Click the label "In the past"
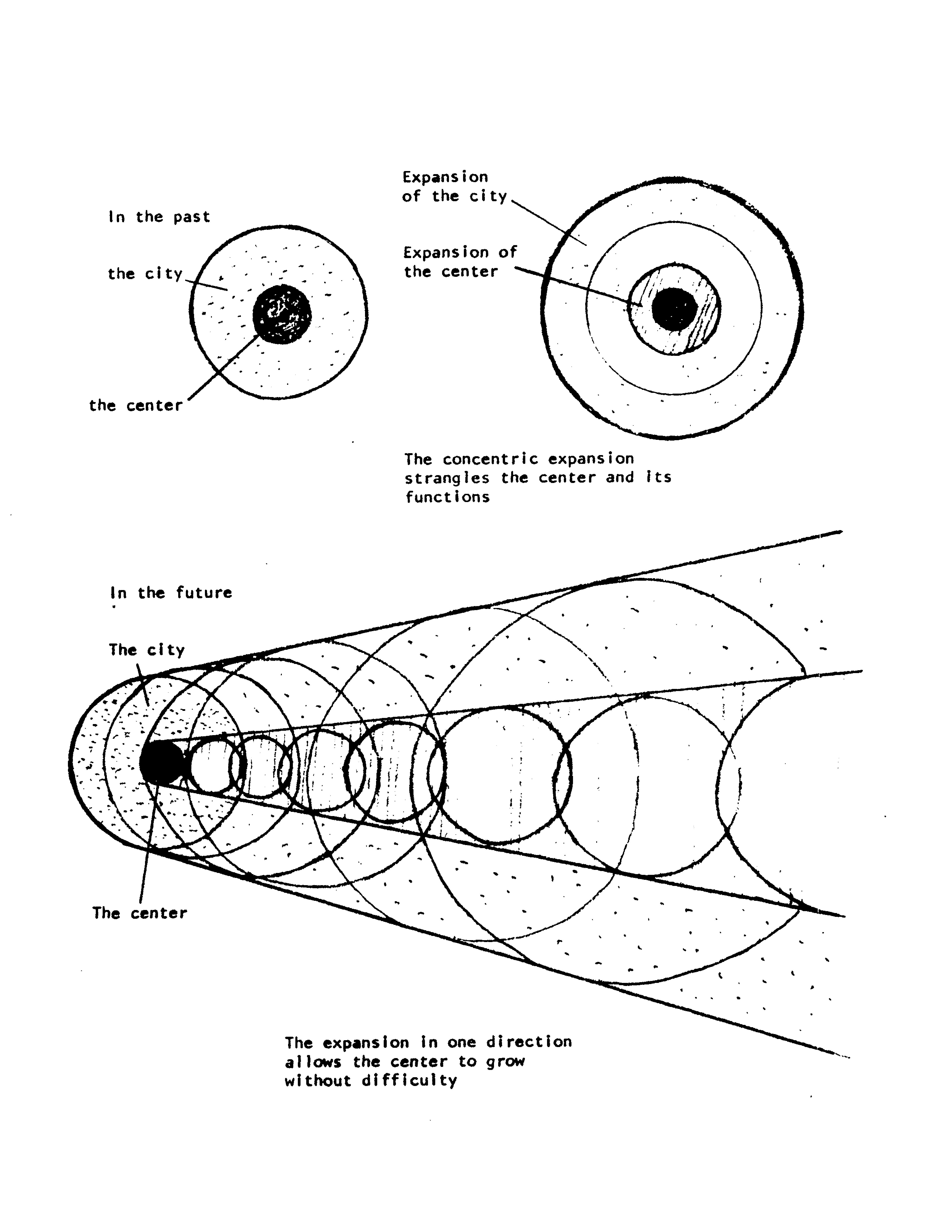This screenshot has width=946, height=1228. coord(159,217)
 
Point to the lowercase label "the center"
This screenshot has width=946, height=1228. coord(136,405)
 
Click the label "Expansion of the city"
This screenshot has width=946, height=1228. coord(454,187)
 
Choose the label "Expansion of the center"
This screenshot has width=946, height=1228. coord(460,262)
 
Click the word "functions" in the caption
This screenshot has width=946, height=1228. coord(447,497)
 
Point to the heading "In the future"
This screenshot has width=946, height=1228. coord(171,593)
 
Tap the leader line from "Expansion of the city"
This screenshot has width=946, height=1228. coord(548,222)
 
